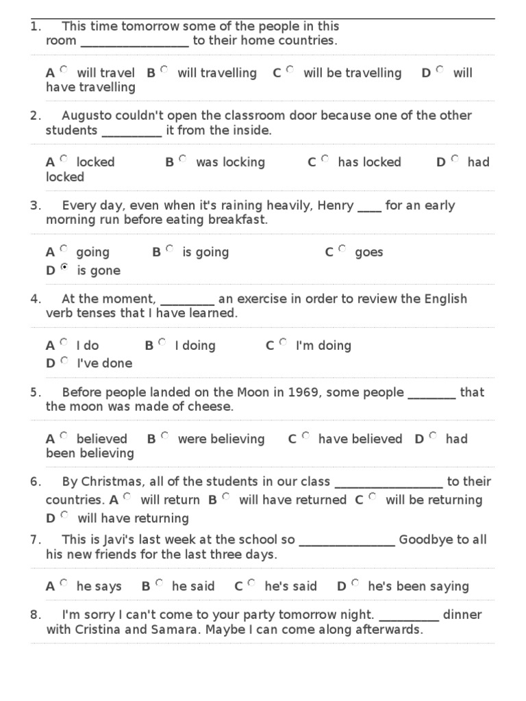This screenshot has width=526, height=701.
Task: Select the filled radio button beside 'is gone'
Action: [x=64, y=268]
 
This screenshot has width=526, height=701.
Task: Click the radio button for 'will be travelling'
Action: [x=290, y=70]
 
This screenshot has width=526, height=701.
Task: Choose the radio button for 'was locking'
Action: [x=183, y=159]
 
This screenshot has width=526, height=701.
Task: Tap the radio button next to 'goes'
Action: [x=342, y=249]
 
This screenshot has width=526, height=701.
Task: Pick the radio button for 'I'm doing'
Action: [x=284, y=342]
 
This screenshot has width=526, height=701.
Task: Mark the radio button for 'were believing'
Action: [x=164, y=435]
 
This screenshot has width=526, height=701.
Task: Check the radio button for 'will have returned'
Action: [x=226, y=497]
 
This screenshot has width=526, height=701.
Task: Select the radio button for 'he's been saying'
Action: [x=355, y=583]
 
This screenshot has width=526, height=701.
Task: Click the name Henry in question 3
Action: [x=336, y=205]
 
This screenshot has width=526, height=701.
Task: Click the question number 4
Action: [x=36, y=298]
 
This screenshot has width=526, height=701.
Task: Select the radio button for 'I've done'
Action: [x=64, y=360]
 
